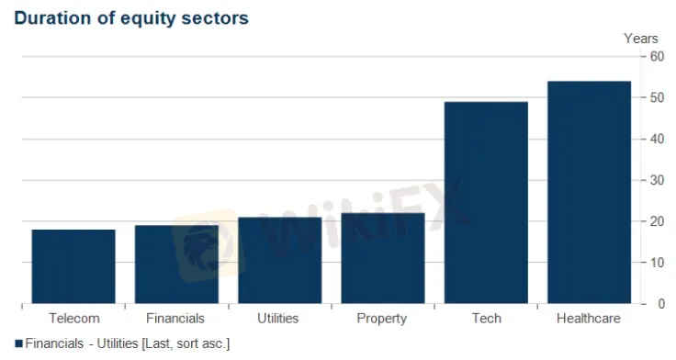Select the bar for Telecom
tap(73, 266)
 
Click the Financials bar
tap(176, 264)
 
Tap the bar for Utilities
tap(280, 261)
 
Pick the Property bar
tap(383, 258)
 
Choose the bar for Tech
tap(486, 203)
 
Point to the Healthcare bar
tap(590, 192)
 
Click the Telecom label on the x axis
tap(74, 318)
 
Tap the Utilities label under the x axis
tap(278, 318)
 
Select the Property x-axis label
tap(382, 319)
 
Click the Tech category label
tap(487, 318)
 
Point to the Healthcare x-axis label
tap(589, 318)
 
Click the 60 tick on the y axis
tap(657, 56)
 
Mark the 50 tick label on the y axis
tap(657, 97)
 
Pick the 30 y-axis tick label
tap(657, 180)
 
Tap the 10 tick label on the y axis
tap(657, 263)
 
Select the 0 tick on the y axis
tap(661, 304)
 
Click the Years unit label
tap(641, 39)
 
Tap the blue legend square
tap(18, 343)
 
